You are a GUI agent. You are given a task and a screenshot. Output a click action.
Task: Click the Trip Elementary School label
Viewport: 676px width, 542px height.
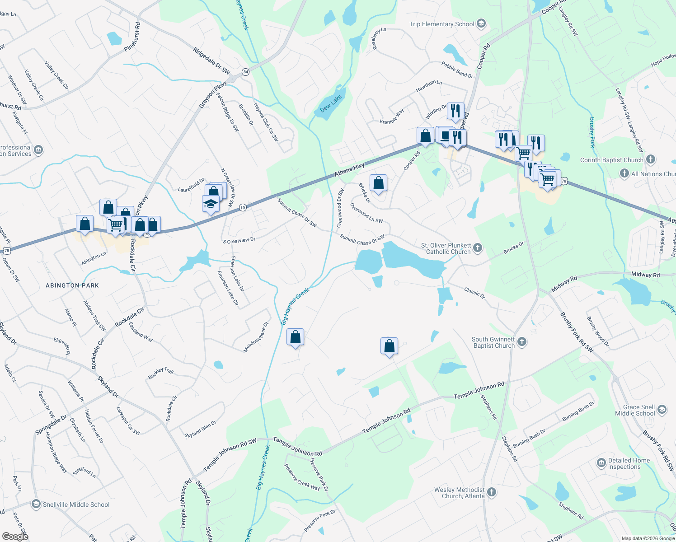[x=441, y=24]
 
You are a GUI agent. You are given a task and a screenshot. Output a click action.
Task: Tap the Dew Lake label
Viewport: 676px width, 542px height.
[x=331, y=104]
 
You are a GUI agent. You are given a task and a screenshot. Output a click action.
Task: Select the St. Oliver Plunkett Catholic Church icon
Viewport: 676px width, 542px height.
[x=478, y=247]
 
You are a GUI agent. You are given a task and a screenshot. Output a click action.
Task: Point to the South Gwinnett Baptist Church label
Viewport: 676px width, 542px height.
[x=493, y=342]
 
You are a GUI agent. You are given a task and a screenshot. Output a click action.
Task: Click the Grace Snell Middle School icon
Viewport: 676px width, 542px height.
[x=662, y=409]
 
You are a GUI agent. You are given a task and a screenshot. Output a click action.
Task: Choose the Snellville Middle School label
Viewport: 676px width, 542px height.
[x=76, y=505]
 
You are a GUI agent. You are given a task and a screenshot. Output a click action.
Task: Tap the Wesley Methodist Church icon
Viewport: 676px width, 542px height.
[x=492, y=492]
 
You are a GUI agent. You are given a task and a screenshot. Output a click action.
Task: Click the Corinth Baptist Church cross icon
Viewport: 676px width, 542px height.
[x=650, y=159]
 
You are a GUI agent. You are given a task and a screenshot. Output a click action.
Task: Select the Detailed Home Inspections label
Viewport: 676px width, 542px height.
[x=629, y=463]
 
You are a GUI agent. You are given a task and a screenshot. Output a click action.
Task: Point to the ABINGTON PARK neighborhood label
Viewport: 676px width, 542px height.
[x=72, y=285]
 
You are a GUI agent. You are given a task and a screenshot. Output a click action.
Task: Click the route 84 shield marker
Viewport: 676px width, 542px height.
[x=245, y=72]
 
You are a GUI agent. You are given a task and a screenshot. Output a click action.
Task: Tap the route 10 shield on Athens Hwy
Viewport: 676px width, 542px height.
[x=243, y=207]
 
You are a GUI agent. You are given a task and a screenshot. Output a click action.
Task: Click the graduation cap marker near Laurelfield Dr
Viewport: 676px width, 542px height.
[x=211, y=204]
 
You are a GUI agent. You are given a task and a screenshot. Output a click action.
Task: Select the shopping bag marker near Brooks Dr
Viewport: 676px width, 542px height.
[x=378, y=183]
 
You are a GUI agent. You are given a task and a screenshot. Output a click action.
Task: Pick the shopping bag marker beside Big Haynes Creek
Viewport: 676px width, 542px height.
[x=295, y=337]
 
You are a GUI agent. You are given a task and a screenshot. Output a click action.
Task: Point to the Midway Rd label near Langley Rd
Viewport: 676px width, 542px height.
[x=645, y=275]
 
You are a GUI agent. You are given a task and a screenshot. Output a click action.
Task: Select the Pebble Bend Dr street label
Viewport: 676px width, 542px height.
[x=457, y=70]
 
